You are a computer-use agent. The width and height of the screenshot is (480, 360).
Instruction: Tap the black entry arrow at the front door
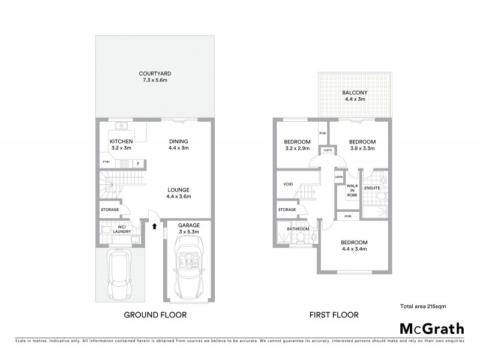[155, 227]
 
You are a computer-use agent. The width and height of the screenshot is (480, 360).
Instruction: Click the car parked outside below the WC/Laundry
[120, 274]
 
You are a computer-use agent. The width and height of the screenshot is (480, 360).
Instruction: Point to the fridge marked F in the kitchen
[138, 163]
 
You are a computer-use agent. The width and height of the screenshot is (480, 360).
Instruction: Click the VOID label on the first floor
[289, 185]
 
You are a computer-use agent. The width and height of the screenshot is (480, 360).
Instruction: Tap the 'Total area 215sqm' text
[422, 306]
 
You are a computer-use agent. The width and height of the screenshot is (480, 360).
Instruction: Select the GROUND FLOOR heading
[155, 314]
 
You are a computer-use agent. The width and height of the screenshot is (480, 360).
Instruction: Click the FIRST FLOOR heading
[334, 314]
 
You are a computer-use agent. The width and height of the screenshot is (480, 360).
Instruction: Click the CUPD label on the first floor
[328, 150]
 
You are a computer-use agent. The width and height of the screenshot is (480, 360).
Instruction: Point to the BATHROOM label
[298, 229]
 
